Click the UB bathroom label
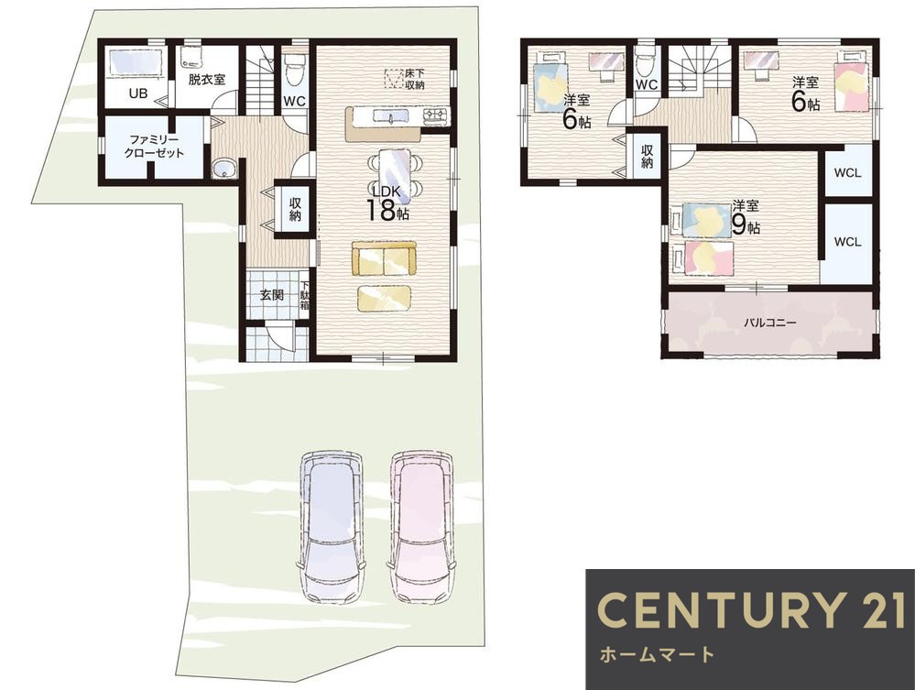point(138,93)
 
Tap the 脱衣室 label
point(207,80)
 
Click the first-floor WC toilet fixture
point(294,69)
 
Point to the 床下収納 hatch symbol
point(395,78)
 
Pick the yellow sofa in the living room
point(384,258)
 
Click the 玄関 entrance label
point(271,295)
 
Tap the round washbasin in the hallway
point(223,169)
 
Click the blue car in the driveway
point(332,526)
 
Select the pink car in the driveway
point(422,526)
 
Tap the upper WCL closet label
point(847,173)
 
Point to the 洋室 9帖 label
point(746,217)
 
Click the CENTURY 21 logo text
point(751,610)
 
